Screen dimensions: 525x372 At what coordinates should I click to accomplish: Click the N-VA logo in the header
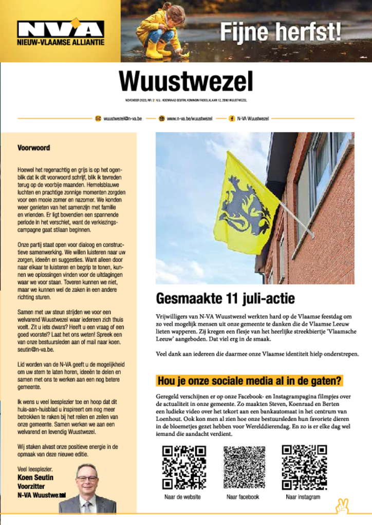coord(60,32)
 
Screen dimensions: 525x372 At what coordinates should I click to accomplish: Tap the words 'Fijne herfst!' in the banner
coord(281,32)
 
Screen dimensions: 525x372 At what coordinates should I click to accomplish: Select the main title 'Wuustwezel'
coord(186,82)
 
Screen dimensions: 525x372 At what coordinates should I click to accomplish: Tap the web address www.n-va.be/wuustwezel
coord(189,118)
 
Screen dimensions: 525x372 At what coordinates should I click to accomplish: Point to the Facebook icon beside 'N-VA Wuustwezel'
coord(232,118)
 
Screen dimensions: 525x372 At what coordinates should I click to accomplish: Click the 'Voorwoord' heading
coord(34,148)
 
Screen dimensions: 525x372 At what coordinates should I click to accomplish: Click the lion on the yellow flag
coord(244,206)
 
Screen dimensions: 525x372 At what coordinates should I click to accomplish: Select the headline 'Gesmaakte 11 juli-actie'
coord(225,298)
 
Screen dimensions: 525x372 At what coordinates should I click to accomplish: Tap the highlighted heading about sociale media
coord(249,381)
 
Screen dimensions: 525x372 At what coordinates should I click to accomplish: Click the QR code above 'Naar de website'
coord(184,467)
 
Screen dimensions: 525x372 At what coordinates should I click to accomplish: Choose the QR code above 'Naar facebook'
coord(244,467)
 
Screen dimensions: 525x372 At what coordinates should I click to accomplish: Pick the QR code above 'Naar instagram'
coord(304,467)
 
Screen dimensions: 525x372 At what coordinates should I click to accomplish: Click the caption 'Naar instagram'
coord(303,497)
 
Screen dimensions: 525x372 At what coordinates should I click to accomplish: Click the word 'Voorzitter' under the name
coord(32,486)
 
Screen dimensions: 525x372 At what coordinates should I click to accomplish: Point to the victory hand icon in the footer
coord(342,506)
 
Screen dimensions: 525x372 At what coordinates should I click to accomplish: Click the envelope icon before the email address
coord(98,118)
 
